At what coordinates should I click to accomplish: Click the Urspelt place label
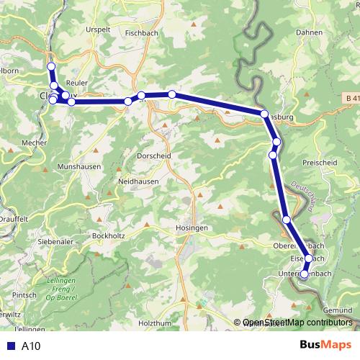(x=99, y=30)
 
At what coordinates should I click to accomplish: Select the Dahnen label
(x=310, y=32)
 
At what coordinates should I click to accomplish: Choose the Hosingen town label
(x=192, y=228)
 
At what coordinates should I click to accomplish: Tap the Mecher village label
(x=34, y=143)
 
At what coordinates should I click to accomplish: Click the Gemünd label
(x=338, y=310)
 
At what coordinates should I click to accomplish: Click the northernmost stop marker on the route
(x=51, y=67)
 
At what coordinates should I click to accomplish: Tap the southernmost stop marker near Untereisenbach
(x=304, y=274)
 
